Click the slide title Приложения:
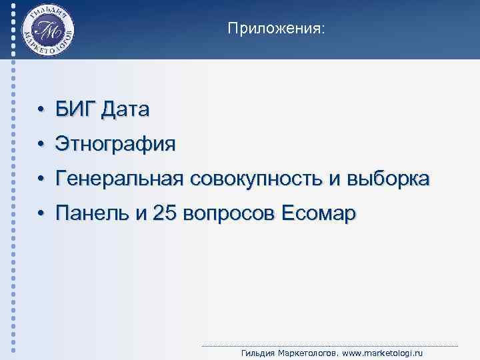tap(277, 29)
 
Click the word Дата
tap(126, 109)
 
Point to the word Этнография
tap(116, 144)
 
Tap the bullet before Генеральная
tap(41, 179)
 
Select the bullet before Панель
tap(41, 214)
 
